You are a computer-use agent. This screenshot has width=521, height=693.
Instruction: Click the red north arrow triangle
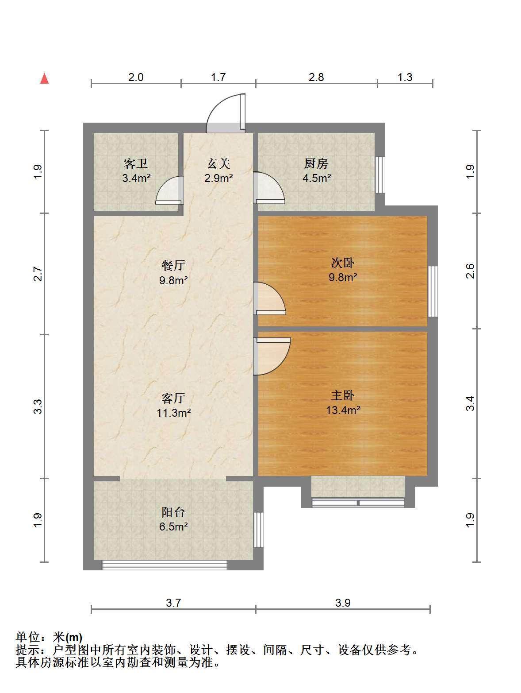click(x=44, y=79)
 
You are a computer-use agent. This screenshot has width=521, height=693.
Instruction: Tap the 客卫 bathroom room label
click(x=135, y=163)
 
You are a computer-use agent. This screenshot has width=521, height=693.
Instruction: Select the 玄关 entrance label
click(x=218, y=163)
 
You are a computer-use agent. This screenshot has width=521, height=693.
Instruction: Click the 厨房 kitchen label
click(x=316, y=163)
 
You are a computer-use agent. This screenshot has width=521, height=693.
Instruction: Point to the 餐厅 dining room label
click(x=173, y=265)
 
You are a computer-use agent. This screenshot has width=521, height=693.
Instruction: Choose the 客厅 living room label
click(x=173, y=398)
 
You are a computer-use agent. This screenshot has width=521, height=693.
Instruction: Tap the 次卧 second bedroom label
click(x=343, y=263)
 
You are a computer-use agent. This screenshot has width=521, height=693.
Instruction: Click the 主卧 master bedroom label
click(x=343, y=395)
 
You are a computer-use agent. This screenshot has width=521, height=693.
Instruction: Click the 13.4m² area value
click(x=343, y=410)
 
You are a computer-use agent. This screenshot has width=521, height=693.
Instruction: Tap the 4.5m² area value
click(x=316, y=178)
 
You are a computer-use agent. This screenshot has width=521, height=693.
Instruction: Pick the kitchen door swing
click(x=269, y=188)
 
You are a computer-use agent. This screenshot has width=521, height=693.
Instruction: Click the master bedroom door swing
click(x=272, y=356)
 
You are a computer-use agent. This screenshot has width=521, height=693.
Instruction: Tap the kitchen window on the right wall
click(x=380, y=174)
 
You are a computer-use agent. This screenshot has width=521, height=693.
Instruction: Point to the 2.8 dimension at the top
click(x=316, y=77)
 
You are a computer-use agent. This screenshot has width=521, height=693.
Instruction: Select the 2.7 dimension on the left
click(x=38, y=274)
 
